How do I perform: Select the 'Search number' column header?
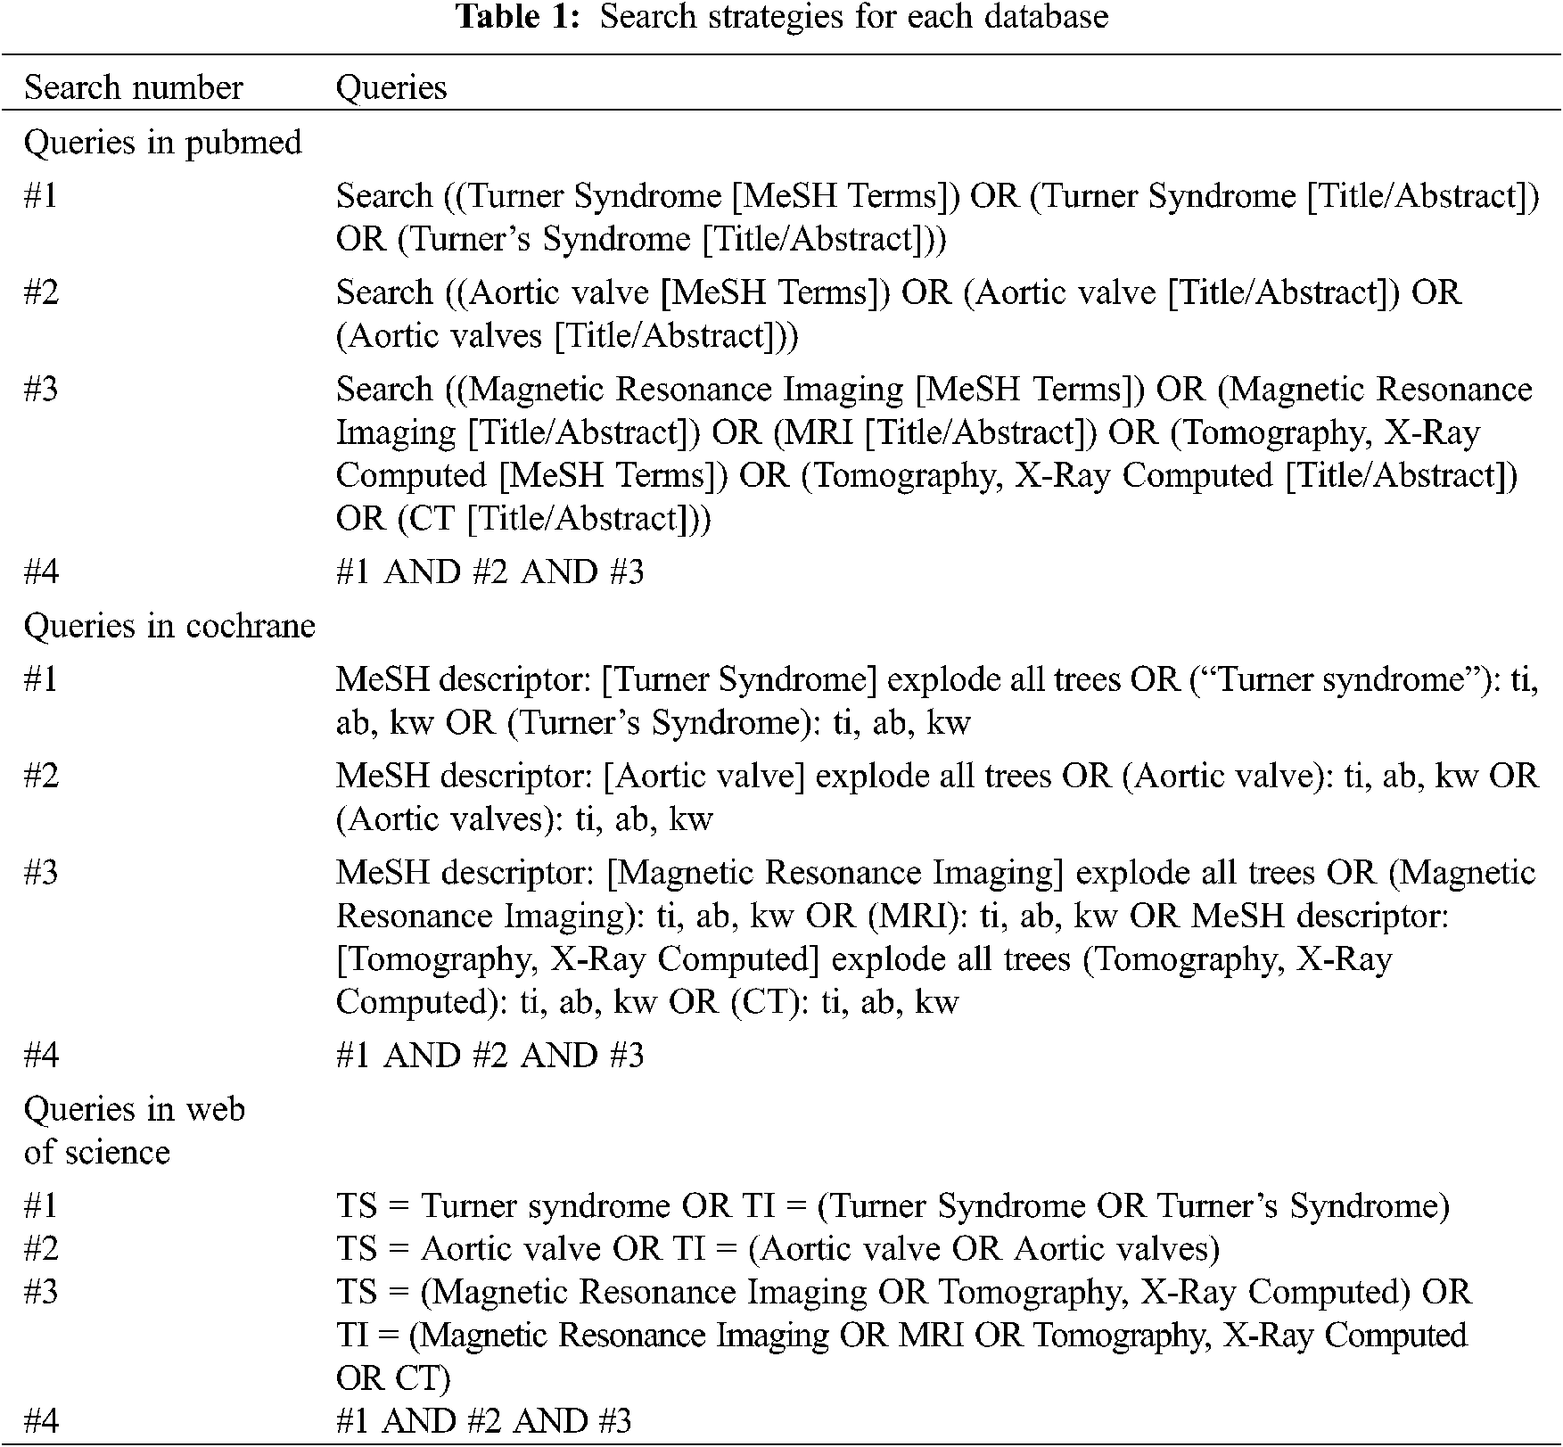coord(133,87)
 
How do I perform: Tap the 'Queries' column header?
coord(391,87)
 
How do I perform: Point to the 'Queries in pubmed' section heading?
coord(162,143)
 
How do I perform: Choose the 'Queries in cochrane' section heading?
coord(169,626)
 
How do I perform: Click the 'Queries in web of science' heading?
coord(134,1130)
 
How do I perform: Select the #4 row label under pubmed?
coord(41,571)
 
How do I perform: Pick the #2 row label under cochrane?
coord(41,776)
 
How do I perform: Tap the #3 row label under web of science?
coord(41,1291)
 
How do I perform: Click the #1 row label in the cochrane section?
coord(41,679)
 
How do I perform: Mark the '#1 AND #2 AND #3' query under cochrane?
coord(489,1056)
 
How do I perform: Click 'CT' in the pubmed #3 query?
coord(432,518)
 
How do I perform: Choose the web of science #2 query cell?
coord(777,1248)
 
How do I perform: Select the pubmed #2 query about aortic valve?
coord(898,314)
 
